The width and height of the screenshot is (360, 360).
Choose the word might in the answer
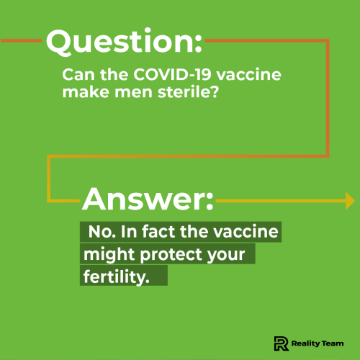coord(107,255)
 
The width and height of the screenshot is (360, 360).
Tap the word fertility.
coord(116,276)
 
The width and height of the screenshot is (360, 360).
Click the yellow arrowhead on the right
coord(349,199)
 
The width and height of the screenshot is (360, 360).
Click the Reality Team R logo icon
coord(282,343)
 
